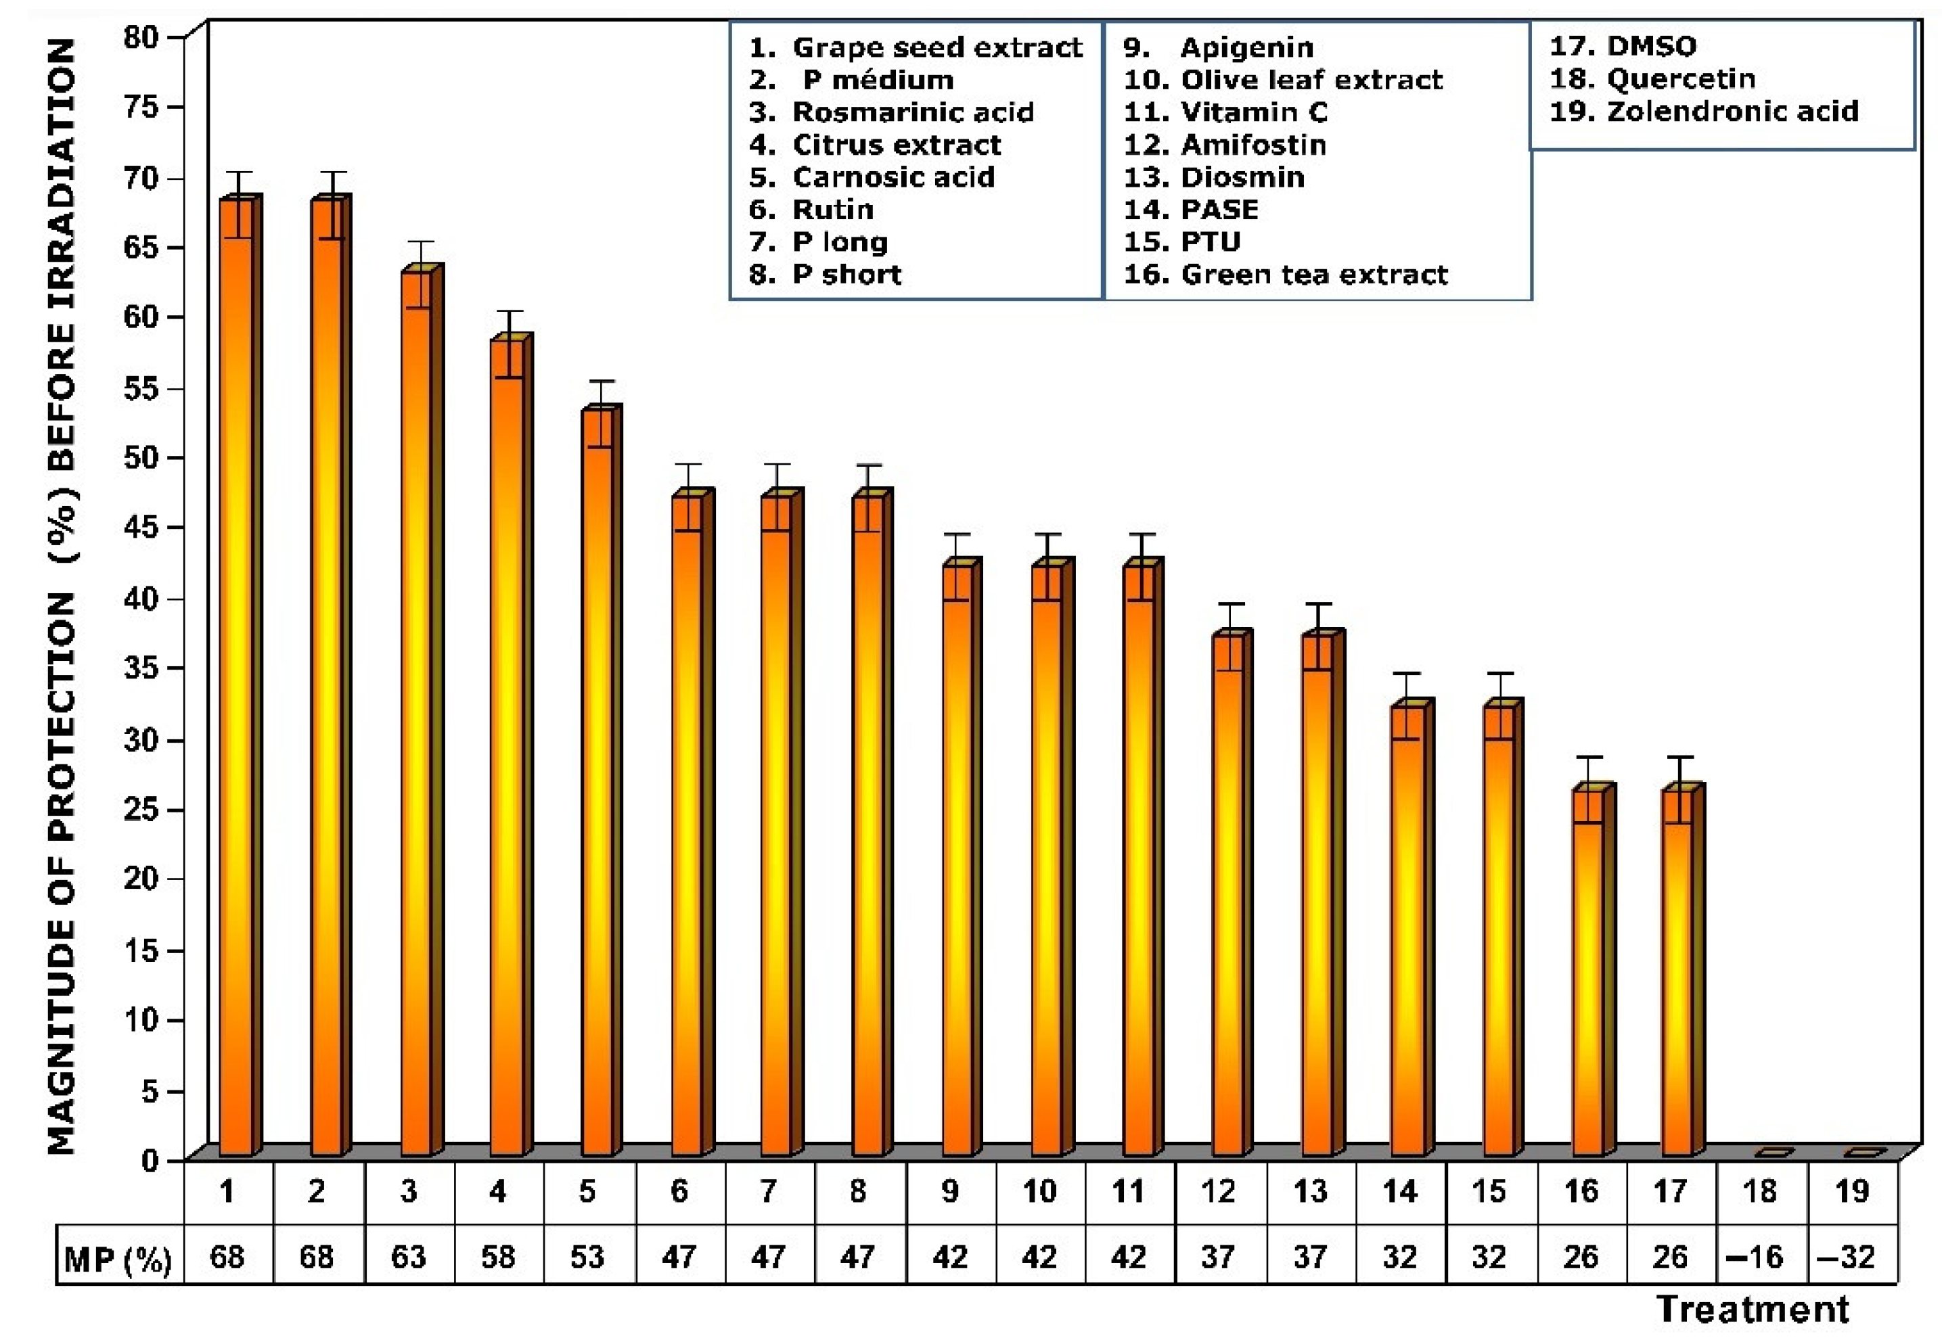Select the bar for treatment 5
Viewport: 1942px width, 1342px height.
[598, 782]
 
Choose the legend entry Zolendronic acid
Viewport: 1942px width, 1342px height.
[1703, 111]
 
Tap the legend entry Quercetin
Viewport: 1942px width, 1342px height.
[1652, 79]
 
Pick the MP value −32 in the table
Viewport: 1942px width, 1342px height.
[1851, 1257]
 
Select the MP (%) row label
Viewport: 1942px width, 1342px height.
[118, 1259]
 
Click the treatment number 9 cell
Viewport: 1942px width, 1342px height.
[949, 1191]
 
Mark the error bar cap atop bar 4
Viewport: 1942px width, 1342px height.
[509, 312]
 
